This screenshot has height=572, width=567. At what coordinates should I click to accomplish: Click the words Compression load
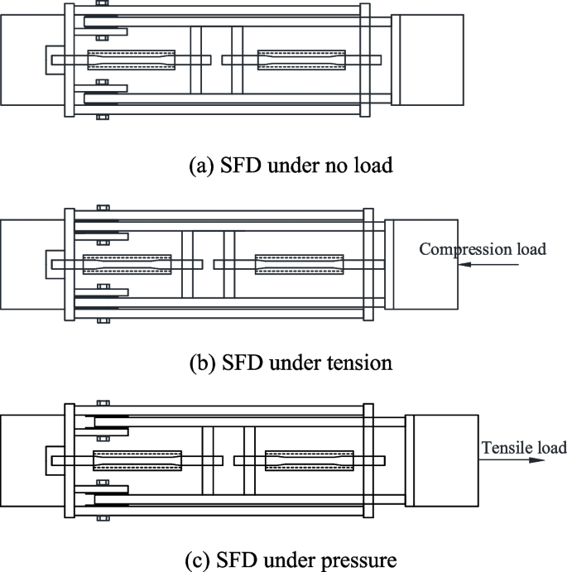click(x=483, y=249)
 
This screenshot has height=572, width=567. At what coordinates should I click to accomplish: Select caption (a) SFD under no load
click(x=291, y=165)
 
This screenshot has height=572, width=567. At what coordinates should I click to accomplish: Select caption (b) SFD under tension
click(x=290, y=363)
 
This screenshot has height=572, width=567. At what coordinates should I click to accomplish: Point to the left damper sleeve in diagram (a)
click(x=132, y=60)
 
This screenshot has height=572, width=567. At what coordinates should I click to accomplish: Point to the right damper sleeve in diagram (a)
click(x=300, y=60)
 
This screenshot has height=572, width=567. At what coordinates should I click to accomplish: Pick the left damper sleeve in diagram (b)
click(x=127, y=264)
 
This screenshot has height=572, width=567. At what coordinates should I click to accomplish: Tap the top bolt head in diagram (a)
click(x=102, y=3)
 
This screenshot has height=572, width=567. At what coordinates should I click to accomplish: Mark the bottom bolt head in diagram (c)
click(x=102, y=518)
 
